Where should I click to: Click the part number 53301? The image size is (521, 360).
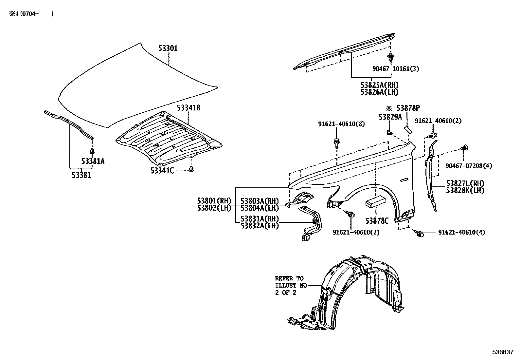168,48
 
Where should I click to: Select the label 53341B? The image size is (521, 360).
189,108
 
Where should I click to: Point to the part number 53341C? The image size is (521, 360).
162,170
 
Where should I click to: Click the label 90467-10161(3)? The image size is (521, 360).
396,69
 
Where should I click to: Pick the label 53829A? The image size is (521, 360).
390,117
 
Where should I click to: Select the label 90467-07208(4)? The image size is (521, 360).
468,166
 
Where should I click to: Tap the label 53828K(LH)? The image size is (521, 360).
465,190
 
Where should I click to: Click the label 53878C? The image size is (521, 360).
377,221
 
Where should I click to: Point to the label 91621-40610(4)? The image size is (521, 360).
462,232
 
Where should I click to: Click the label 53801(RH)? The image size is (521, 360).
214,201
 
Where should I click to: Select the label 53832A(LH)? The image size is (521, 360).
260,226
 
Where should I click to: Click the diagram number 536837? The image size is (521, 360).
503,352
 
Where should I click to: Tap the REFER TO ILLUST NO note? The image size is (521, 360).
291,286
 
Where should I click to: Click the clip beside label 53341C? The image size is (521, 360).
192,169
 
